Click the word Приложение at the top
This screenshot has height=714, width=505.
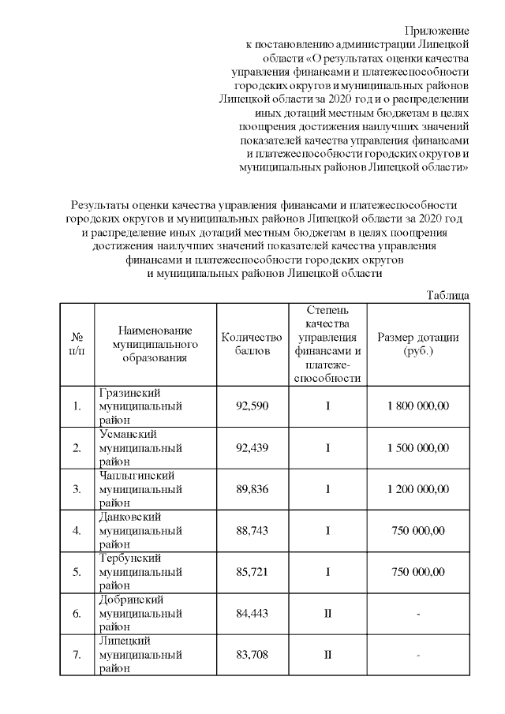click(x=437, y=31)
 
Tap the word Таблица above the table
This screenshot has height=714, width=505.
click(x=448, y=294)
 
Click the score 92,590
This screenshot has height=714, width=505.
click(x=252, y=406)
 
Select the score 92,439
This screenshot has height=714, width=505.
click(x=252, y=447)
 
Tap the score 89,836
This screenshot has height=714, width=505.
click(x=252, y=489)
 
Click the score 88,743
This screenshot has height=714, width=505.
click(x=252, y=530)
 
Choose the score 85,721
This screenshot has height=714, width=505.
click(x=252, y=571)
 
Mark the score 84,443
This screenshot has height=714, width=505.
click(x=252, y=613)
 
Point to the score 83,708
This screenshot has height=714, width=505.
click(x=252, y=654)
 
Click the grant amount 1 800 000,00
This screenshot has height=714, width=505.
click(x=418, y=406)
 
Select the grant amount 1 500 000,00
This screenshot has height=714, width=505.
click(x=418, y=447)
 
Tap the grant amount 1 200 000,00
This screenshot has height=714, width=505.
click(x=418, y=489)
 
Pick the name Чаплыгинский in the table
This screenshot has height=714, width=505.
click(x=135, y=475)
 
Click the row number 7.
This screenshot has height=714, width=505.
click(x=77, y=654)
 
